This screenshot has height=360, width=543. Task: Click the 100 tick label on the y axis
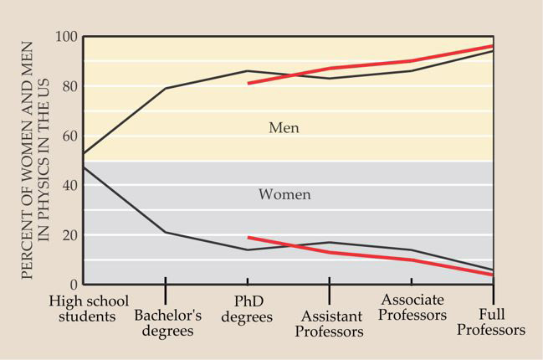tap(64, 38)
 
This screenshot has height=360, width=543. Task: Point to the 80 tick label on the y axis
tap(68, 87)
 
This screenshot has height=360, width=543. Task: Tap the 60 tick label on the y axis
tap(68, 136)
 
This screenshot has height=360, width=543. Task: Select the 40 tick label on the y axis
tap(68, 185)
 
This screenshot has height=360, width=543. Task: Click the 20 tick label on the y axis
tap(68, 234)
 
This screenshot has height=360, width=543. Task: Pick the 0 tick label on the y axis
tap(72, 284)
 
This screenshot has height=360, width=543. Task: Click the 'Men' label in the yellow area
tap(284, 128)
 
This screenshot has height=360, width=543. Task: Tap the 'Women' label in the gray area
tap(284, 194)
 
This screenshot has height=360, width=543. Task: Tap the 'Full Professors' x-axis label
tap(496, 323)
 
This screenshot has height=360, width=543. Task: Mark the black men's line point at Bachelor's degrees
tap(166, 88)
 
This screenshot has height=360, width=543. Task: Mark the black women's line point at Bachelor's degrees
tap(166, 232)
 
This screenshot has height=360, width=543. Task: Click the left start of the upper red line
tap(248, 83)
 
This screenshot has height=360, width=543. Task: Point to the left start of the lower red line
tap(248, 237)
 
